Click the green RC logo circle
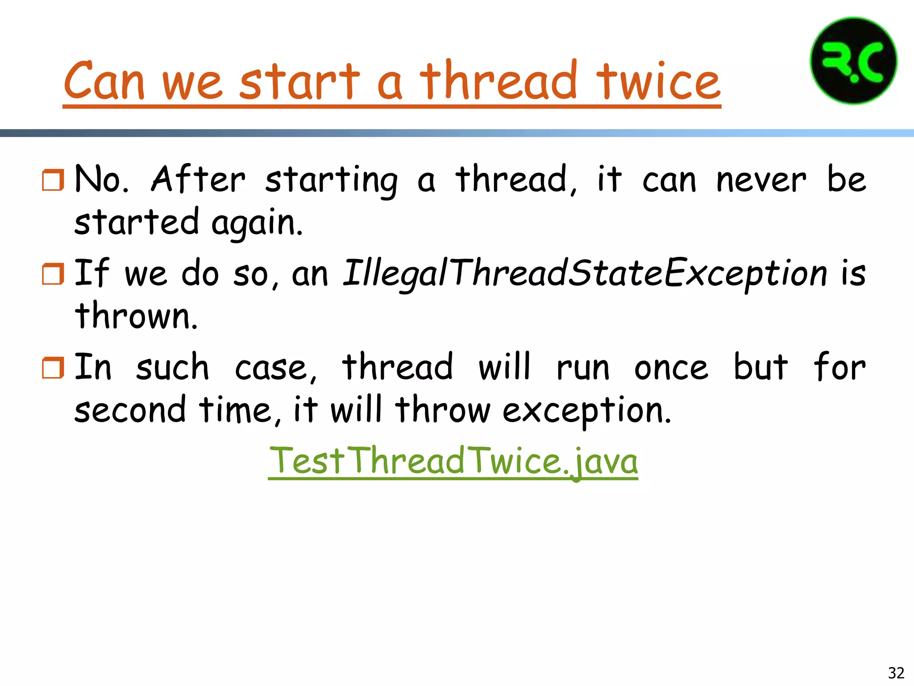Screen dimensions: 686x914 [x=853, y=61]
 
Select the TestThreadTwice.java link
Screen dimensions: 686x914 [x=453, y=461]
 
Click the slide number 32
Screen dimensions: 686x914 [x=896, y=673]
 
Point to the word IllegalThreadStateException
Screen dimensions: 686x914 [x=585, y=273]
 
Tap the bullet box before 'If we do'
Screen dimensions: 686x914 [x=53, y=274]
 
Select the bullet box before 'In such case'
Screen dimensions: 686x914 [x=53, y=368]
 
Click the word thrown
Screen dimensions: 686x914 [x=136, y=316]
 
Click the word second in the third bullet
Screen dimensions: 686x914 [x=129, y=410]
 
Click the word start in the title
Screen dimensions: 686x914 [x=299, y=81]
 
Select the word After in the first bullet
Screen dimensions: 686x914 [x=198, y=180]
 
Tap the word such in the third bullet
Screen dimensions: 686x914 [x=172, y=368]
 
